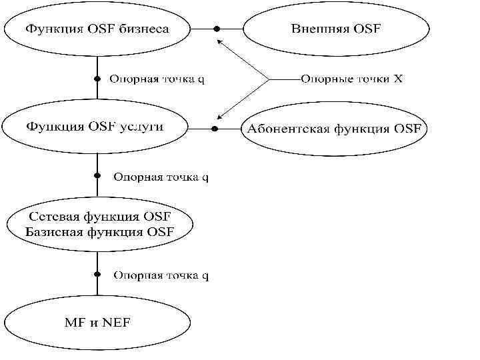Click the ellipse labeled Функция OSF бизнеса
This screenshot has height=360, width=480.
tap(97, 28)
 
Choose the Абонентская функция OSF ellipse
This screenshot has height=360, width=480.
tap(334, 129)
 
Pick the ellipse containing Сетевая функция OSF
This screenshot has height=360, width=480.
tap(98, 224)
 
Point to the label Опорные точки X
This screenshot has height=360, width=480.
tap(351, 79)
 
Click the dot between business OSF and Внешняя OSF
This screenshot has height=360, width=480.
tap(216, 29)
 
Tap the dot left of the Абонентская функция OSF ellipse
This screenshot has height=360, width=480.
tap(215, 128)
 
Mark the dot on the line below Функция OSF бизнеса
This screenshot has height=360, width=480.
tap(97, 78)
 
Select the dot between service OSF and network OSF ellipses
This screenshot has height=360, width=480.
tap(97, 177)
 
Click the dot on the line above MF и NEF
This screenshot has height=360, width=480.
tap(97, 274)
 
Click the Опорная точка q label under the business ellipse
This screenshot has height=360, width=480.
tap(157, 79)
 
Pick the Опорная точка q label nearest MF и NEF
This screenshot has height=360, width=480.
tap(161, 275)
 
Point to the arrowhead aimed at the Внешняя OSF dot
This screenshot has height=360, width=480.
tap(219, 42)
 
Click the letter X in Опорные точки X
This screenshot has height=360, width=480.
tap(397, 79)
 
